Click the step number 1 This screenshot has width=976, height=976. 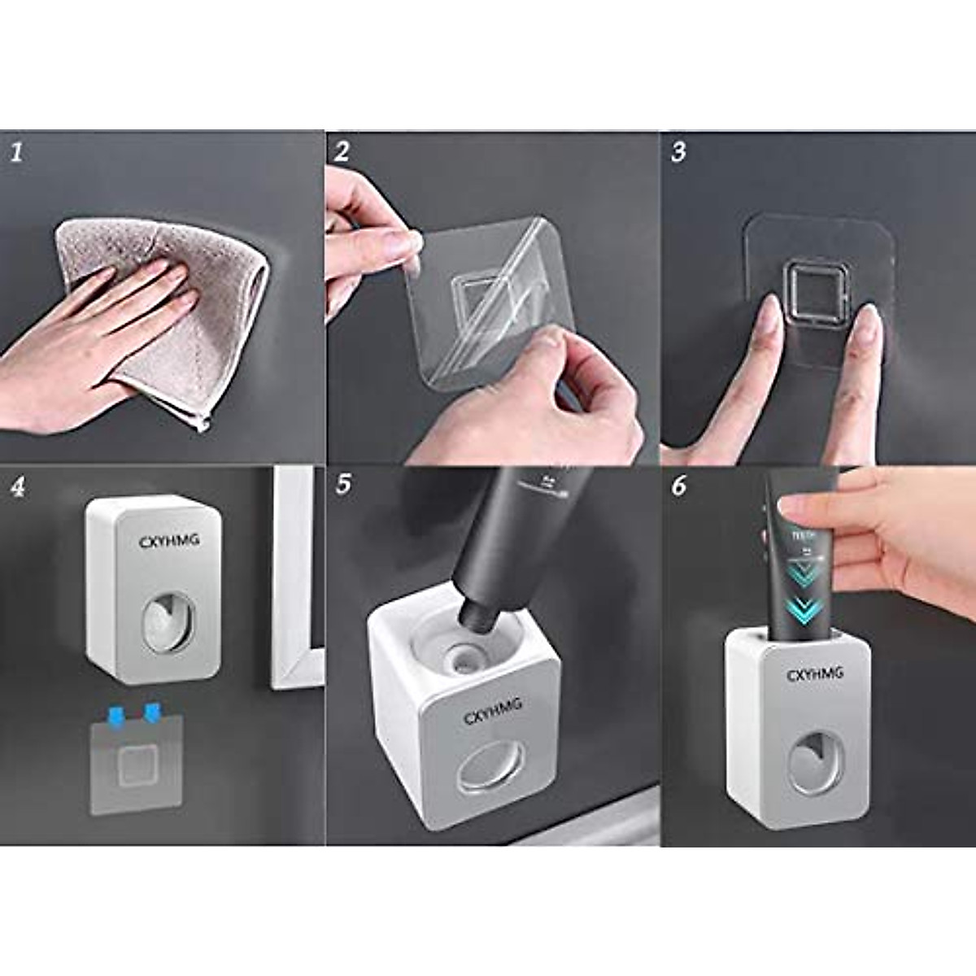tap(16, 152)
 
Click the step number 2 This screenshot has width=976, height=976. tap(342, 151)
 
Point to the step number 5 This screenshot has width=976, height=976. tap(344, 486)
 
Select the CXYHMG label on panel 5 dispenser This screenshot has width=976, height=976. tap(493, 710)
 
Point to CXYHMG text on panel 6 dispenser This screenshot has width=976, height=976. tap(814, 674)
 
